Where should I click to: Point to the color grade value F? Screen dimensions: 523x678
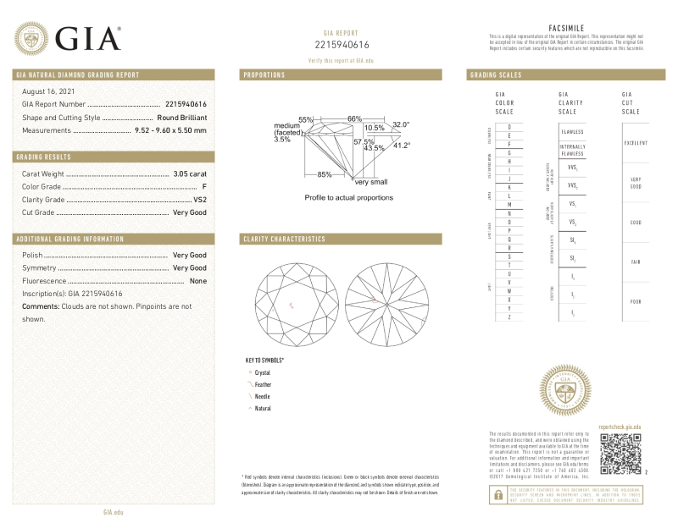204,186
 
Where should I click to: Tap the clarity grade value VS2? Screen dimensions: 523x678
200,200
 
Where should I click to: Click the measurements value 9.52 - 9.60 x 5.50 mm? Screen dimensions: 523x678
170,130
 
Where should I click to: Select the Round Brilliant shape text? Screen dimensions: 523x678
181,117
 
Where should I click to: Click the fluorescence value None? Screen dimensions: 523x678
198,280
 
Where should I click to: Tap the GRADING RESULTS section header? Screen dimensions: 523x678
44,157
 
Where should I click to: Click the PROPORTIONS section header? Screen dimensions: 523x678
264,75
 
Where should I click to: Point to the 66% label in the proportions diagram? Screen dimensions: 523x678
354,118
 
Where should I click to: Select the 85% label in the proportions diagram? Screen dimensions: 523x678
325,174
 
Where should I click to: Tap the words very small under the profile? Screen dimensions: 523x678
371,182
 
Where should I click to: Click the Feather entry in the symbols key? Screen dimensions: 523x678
263,384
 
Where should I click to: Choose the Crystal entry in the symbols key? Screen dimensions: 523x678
262,372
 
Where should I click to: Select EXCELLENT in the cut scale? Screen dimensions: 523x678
636,143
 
